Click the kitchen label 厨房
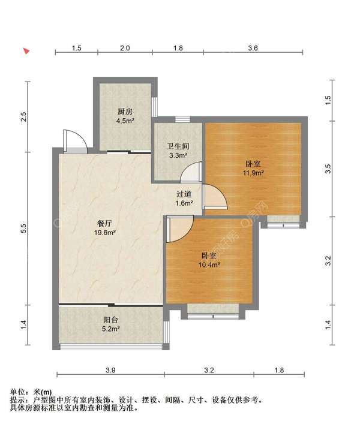point(125,112)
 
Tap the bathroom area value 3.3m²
point(178,156)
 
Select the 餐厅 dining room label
point(104,224)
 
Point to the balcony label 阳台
point(110,320)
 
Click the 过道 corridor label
point(184,194)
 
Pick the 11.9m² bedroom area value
point(253,173)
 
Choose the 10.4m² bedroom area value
point(209,264)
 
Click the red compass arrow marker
point(26,51)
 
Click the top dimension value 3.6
point(253,48)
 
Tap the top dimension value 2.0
point(125,48)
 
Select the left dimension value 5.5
point(23,228)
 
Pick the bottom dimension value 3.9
point(110,370)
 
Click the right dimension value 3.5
point(328,169)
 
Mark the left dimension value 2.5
point(23,116)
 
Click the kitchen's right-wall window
point(155,107)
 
